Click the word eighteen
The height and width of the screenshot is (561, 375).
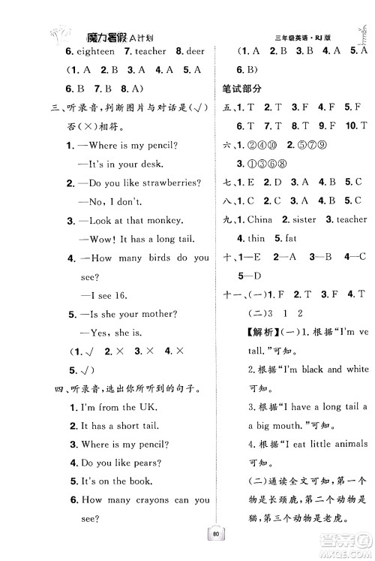coord(94,51)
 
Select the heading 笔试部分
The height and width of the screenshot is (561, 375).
coord(239,89)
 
